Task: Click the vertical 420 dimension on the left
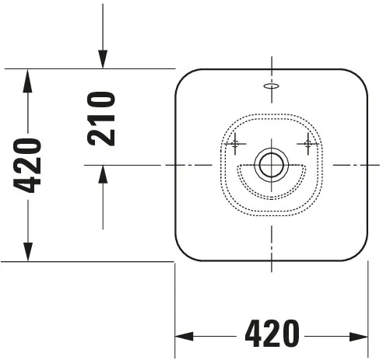28,165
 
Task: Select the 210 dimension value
101,118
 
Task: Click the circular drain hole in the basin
271,165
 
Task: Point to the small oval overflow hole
271,87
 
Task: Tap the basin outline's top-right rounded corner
360,77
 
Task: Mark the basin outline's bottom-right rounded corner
360,253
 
